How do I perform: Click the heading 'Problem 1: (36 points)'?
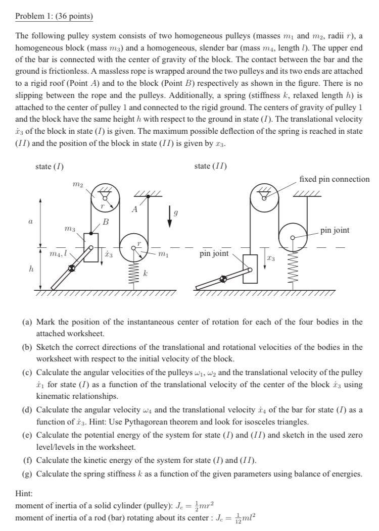point(55,16)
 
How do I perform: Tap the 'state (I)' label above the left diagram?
point(50,166)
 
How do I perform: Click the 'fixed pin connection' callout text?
point(334,179)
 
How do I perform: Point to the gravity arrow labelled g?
point(170,217)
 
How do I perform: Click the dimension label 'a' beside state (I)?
point(30,221)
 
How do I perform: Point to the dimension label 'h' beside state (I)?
point(30,269)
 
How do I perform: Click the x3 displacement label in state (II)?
point(270,259)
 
